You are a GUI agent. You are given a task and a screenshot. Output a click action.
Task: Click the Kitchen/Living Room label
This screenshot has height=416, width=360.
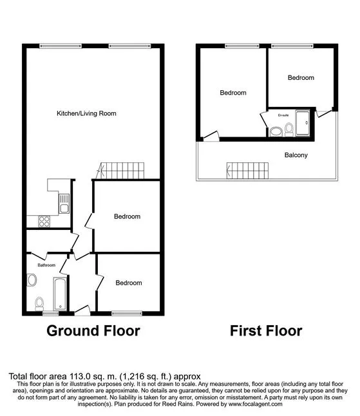click(x=86, y=113)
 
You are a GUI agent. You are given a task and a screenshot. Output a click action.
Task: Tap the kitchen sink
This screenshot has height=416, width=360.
click(x=64, y=203)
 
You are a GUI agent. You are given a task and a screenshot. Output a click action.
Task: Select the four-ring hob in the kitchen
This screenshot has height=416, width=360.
click(x=44, y=222)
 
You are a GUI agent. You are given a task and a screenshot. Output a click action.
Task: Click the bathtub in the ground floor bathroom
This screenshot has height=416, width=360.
click(x=61, y=294)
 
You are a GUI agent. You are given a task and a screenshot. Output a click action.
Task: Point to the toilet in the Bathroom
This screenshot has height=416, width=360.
click(x=39, y=304)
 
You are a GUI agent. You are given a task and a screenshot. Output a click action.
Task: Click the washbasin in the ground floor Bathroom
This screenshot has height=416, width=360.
click(x=32, y=280)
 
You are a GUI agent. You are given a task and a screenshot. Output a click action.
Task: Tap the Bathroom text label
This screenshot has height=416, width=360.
click(x=46, y=265)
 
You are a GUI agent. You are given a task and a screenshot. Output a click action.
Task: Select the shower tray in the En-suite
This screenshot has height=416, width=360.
click(x=303, y=124)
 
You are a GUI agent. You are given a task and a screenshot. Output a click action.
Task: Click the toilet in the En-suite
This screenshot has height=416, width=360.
click(x=289, y=130)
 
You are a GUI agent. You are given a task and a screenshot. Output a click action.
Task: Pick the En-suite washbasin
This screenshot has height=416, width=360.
click(x=276, y=132)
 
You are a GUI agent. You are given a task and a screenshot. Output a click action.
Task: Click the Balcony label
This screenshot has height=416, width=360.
click(x=296, y=155)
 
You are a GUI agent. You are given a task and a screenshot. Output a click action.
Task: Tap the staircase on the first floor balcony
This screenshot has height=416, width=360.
click(x=247, y=171)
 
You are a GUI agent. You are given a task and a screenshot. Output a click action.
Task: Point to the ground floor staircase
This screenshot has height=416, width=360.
click(x=120, y=171)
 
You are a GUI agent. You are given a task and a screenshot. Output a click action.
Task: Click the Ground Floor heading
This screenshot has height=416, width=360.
click(x=93, y=331)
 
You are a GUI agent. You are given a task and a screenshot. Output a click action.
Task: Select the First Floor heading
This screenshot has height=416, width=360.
click(x=266, y=331)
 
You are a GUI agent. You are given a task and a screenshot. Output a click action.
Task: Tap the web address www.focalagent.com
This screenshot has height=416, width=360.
click(x=255, y=404)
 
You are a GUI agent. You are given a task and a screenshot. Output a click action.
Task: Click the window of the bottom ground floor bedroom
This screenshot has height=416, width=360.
click(x=127, y=314)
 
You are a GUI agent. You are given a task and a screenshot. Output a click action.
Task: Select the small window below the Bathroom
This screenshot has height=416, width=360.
click(x=51, y=314)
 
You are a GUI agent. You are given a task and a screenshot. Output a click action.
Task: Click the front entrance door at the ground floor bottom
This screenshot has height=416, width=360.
click(x=82, y=310)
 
